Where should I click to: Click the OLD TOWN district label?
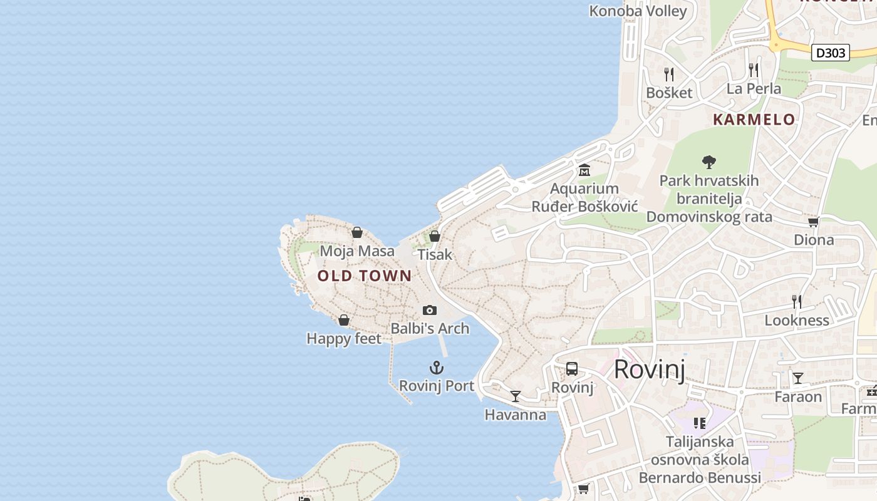[x=365, y=276]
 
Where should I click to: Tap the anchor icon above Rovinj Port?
[x=437, y=368]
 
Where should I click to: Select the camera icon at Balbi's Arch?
[x=430, y=310]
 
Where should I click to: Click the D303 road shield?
[x=831, y=53]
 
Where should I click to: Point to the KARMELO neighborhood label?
[x=754, y=120]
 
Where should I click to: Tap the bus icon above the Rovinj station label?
[x=572, y=369]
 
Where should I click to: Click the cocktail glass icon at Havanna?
[x=516, y=396]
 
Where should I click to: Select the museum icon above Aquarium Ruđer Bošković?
[x=584, y=170]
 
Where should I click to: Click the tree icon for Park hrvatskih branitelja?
[x=709, y=162]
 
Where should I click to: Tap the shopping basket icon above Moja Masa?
[x=357, y=233]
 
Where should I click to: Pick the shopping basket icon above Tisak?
[x=435, y=236]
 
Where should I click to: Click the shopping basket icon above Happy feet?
[x=344, y=321]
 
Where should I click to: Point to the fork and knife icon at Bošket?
[x=669, y=75]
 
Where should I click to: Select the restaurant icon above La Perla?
[x=754, y=70]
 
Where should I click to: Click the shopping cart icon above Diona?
[x=814, y=222]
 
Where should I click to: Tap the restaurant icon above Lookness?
[x=797, y=302]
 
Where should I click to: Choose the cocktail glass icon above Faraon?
[x=798, y=378]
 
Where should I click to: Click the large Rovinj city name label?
[x=650, y=369]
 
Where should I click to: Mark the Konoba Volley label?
[x=638, y=11]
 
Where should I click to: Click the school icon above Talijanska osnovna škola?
[x=700, y=423]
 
